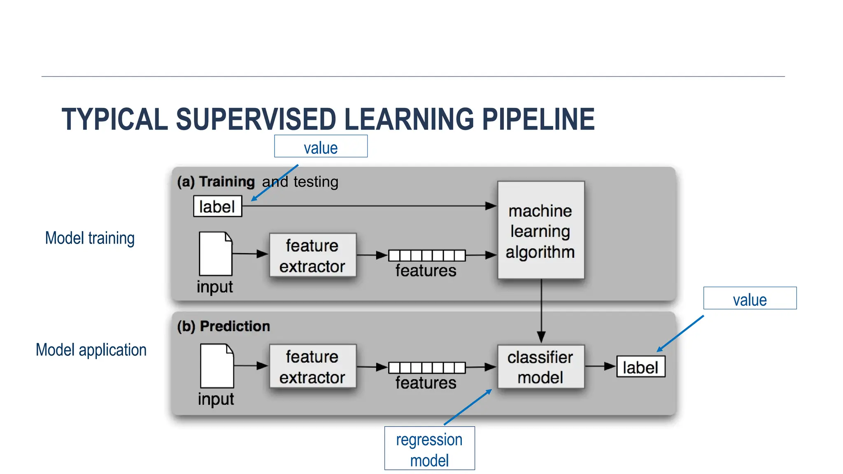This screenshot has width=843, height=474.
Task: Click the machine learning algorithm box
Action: click(x=540, y=230)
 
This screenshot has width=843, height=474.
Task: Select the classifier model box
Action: click(x=540, y=367)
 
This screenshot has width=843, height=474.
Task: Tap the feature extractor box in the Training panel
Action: click(x=312, y=255)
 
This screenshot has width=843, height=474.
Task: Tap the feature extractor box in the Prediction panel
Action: click(x=312, y=366)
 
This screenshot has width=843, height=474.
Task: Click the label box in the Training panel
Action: click(x=217, y=206)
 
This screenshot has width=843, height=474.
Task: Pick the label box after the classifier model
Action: click(x=640, y=367)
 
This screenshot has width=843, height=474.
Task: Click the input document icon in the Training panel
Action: click(x=215, y=253)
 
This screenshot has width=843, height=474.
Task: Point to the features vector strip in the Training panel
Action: click(x=427, y=256)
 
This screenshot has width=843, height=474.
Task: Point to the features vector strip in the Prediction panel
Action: click(x=427, y=367)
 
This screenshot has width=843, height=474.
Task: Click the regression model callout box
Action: click(x=429, y=448)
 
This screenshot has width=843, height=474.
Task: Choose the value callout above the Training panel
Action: click(x=321, y=146)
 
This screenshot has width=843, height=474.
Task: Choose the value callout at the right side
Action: click(x=750, y=298)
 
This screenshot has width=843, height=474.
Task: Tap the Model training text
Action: click(x=90, y=238)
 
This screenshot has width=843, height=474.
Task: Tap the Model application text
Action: click(x=91, y=350)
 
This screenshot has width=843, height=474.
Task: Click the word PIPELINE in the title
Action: click(x=538, y=119)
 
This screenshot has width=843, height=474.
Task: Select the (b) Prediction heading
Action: click(x=224, y=326)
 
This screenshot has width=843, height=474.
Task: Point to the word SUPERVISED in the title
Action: click(x=256, y=119)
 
